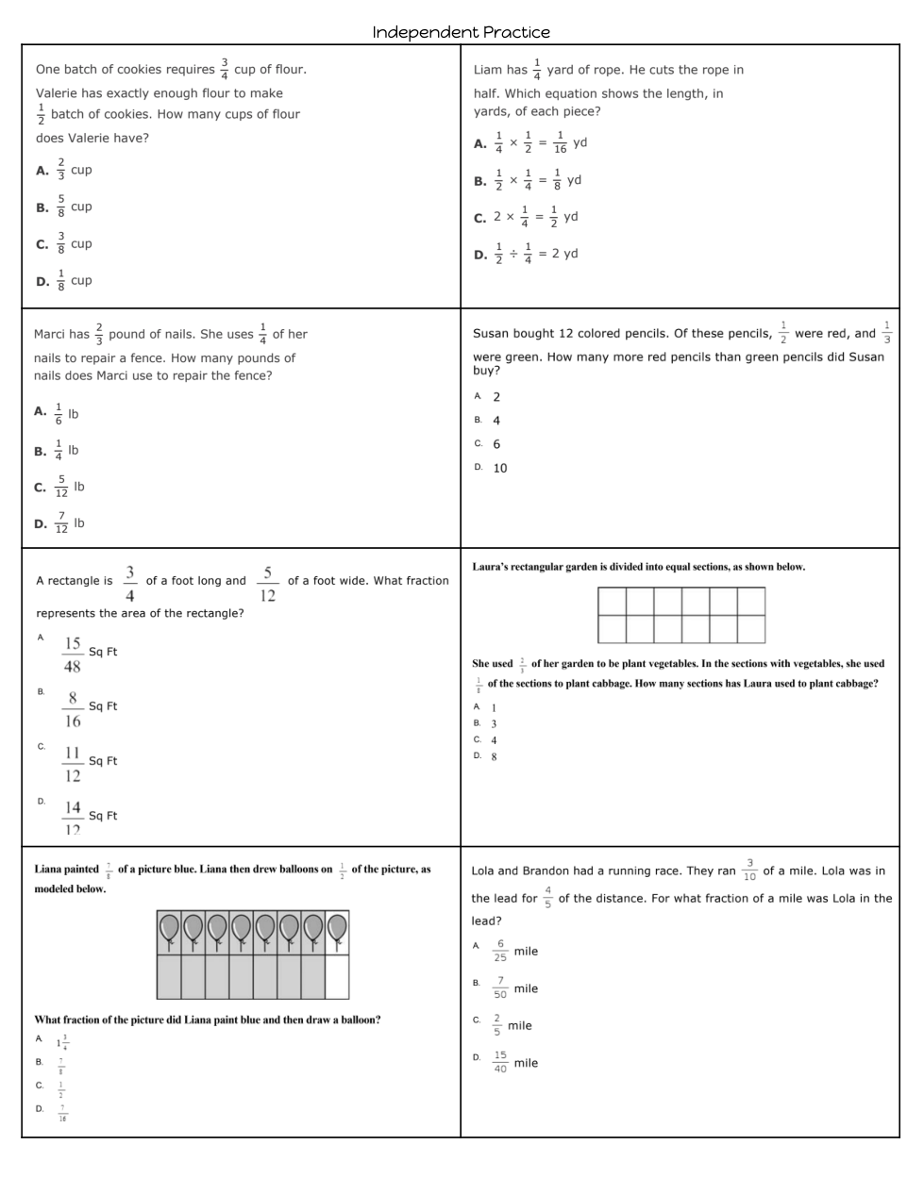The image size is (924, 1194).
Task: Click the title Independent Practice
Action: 461,32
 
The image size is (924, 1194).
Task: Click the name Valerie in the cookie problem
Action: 58,93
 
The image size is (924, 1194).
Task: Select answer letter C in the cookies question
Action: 42,244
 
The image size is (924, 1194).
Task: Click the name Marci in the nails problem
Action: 52,334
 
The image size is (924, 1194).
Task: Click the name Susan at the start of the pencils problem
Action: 492,333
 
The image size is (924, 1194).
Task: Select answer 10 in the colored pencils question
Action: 499,468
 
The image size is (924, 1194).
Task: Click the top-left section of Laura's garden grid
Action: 613,601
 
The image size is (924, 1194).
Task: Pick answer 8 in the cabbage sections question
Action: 494,756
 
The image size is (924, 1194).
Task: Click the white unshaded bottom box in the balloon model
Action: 337,977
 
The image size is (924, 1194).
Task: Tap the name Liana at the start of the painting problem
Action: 54,869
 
